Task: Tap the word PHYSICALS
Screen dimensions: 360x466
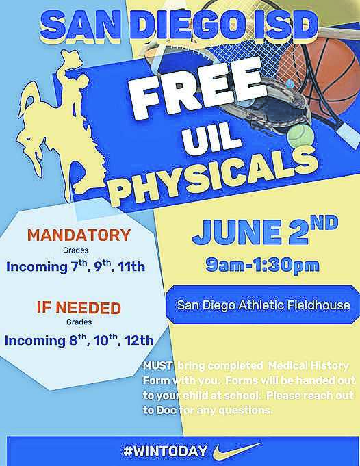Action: (216, 175)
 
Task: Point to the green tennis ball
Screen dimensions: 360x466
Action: (300, 135)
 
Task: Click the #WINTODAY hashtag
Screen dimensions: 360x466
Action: (165, 451)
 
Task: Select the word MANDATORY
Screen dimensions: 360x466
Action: (79, 235)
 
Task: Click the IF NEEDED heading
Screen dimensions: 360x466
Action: (79, 308)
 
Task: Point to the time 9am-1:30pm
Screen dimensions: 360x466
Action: (262, 265)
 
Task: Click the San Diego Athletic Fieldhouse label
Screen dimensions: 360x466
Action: (263, 305)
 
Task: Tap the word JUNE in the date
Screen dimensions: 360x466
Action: (235, 232)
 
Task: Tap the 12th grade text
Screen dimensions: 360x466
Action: (139, 340)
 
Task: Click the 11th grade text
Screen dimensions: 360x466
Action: (131, 267)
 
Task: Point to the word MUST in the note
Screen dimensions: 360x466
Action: (157, 365)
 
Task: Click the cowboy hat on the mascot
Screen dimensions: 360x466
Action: (71, 57)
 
